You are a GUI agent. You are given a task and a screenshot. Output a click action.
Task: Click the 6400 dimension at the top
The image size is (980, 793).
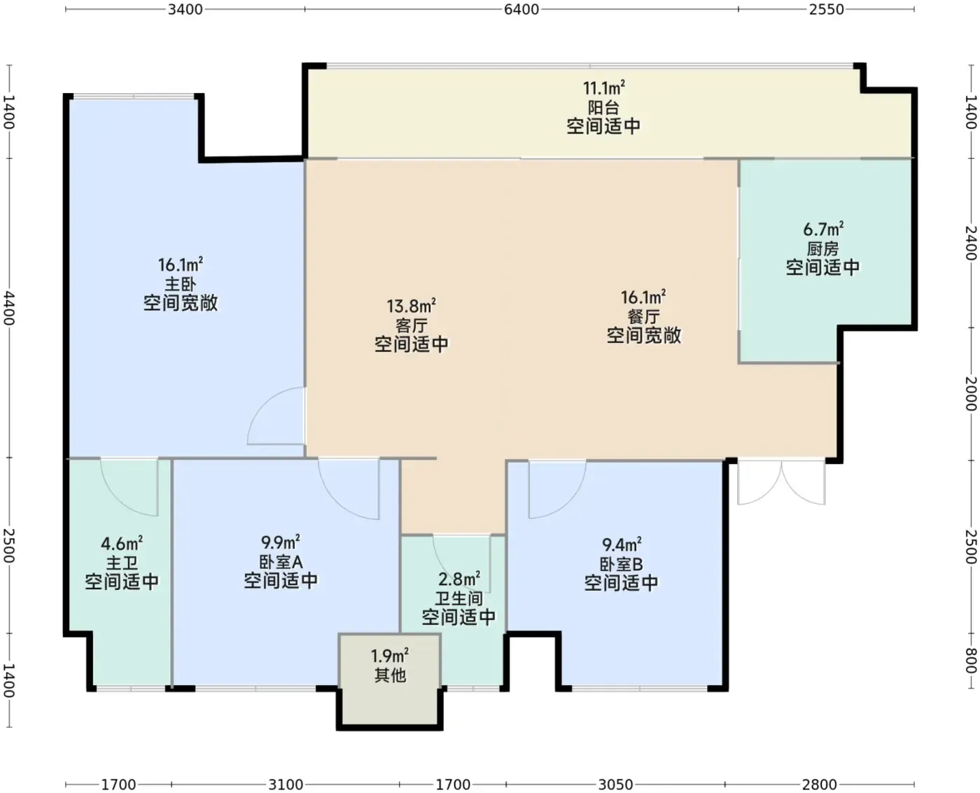521,9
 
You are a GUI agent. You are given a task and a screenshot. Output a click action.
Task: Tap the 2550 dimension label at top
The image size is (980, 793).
826,9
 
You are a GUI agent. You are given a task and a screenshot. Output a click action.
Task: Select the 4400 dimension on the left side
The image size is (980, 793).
9,307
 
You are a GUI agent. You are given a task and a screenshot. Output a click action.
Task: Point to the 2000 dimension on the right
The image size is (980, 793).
971,394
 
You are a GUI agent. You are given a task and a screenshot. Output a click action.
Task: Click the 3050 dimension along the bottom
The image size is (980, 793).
615,785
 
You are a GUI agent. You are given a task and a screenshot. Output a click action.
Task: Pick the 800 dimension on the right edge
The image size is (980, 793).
971,661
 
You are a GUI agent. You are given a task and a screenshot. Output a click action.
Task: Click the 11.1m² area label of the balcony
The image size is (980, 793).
603,87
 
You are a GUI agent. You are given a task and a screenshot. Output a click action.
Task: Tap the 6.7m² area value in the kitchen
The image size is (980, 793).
823,229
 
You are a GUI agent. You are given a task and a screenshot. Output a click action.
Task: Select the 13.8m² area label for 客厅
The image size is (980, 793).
411,306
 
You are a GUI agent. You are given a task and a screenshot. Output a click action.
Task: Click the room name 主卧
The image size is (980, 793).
181,283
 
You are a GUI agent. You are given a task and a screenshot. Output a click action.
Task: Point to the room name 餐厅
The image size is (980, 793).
643,316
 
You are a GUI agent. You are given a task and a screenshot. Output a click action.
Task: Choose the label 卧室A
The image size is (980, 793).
281,561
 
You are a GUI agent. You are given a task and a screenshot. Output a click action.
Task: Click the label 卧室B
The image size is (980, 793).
621,564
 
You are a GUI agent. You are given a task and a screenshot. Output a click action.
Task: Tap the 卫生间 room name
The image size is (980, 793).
458,598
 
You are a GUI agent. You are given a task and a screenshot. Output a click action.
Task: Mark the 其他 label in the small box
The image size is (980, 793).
390,675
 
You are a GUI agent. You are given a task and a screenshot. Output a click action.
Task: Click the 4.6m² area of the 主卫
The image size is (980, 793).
122,544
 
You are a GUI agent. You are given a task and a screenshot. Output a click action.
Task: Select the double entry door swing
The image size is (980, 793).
781,483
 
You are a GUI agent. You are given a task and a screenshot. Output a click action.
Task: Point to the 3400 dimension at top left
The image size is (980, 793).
185,9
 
